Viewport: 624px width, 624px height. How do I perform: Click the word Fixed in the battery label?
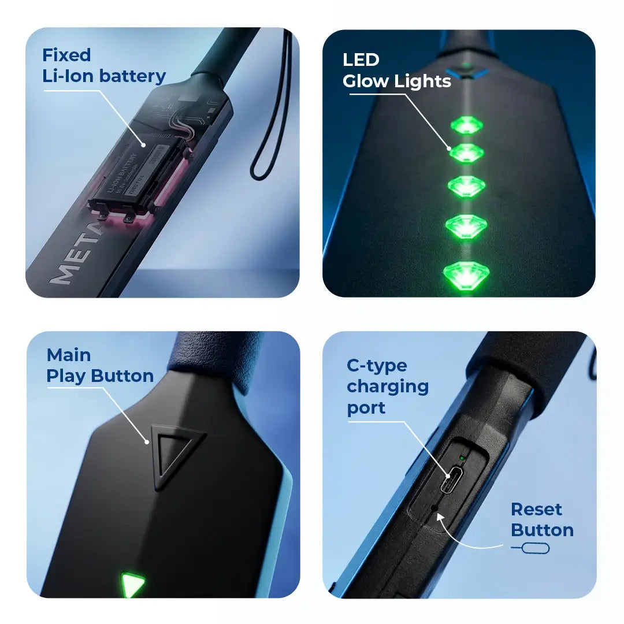coord(66,55)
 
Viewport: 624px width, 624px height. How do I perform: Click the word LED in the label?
coord(361,60)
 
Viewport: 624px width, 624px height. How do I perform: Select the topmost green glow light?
coord(466,125)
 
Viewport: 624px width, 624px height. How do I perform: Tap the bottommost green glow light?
coord(465,274)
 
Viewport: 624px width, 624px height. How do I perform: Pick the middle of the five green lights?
coord(466,186)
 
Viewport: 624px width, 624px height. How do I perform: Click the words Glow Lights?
coord(397,81)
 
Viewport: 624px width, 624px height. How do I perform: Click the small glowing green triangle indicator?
coord(132,585)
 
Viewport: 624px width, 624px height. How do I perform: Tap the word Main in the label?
coord(69,355)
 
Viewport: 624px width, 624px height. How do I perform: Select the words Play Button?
coord(100,376)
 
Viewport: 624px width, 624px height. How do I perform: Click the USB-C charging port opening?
coord(450,481)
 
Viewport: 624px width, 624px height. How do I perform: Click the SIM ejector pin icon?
coord(530,548)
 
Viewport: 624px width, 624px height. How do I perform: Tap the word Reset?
coord(536,510)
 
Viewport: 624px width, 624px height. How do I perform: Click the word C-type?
coord(377,366)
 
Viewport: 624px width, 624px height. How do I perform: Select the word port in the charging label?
coord(366,408)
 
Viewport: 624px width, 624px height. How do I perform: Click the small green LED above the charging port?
coord(462,459)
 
